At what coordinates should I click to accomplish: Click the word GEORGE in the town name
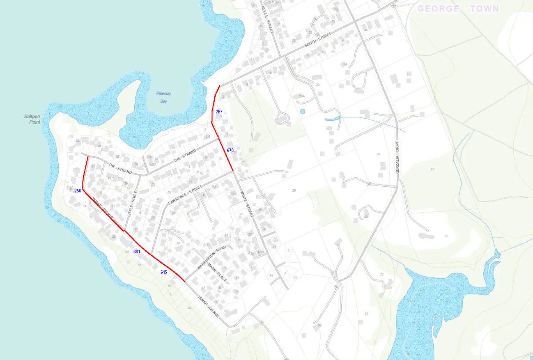tap(438, 9)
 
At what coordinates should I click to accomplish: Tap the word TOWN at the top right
tap(485, 9)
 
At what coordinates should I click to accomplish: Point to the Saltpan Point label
tap(32, 119)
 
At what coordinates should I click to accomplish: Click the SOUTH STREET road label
tap(318, 39)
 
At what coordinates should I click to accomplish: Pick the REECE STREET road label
tap(267, 20)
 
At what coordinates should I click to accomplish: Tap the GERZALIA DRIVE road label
tap(397, 157)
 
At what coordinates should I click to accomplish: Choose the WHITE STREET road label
tap(247, 204)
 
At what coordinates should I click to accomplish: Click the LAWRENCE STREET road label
tap(185, 195)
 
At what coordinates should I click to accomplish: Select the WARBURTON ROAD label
tap(212, 257)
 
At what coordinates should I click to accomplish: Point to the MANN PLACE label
tap(217, 273)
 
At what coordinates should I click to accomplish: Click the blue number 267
tap(219, 112)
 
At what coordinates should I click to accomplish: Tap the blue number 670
tap(230, 150)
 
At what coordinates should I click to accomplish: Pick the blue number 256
tap(78, 191)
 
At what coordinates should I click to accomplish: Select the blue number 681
tap(137, 252)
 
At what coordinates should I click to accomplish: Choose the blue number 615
tap(164, 272)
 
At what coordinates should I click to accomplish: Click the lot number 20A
tap(302, 96)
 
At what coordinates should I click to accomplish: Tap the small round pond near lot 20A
tap(302, 111)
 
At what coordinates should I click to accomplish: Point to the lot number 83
tap(366, 313)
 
